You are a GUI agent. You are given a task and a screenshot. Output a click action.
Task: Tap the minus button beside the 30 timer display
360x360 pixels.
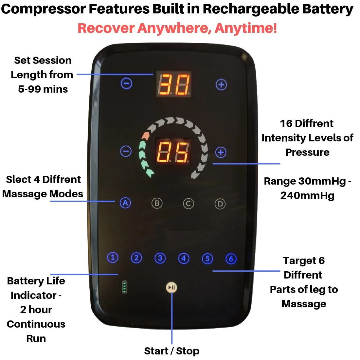point(126,84)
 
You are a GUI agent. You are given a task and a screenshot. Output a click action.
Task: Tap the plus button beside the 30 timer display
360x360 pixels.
point(221,85)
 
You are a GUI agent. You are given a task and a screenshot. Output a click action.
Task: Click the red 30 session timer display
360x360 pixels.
point(174,84)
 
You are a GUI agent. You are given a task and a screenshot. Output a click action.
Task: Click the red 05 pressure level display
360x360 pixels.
point(173,152)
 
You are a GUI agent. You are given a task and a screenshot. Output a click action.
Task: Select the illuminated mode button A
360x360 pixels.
point(125,203)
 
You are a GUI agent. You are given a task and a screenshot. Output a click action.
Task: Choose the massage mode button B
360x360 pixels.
point(157,204)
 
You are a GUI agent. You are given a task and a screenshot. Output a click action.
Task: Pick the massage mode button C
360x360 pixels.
point(188,204)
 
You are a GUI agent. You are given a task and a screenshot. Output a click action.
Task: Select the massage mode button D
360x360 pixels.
point(220,204)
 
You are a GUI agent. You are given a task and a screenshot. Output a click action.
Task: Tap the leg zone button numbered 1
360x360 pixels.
point(113,258)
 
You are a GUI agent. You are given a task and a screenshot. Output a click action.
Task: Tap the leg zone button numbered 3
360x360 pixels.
point(160,258)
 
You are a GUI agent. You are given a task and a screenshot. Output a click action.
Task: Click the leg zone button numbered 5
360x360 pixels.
point(207,259)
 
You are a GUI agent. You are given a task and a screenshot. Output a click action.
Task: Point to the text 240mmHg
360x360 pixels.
point(307,195)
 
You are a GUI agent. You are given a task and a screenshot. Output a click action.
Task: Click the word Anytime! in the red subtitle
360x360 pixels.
point(246,28)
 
